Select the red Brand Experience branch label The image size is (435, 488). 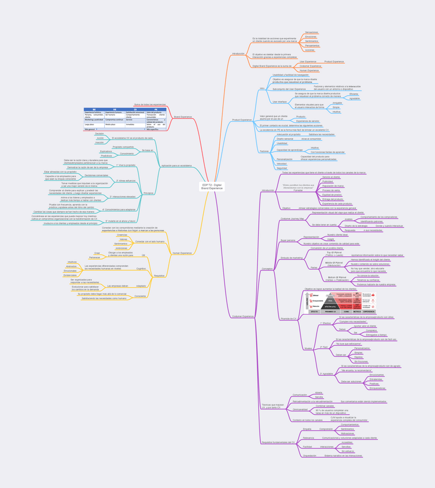(x=182, y=117)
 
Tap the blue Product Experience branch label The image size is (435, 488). (x=242, y=120)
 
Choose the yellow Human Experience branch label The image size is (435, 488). (x=182, y=253)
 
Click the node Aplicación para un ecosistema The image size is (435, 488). (x=177, y=165)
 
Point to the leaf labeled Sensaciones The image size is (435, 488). (x=311, y=32)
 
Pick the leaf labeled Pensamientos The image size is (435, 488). (x=312, y=45)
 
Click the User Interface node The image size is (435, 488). (x=280, y=102)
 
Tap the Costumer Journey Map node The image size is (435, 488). (x=292, y=219)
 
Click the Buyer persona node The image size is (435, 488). (x=287, y=240)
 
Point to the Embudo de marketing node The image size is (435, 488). (x=292, y=258)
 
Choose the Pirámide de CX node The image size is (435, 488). (x=288, y=318)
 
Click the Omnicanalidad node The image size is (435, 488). (x=300, y=409)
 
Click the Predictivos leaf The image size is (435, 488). (x=106, y=156)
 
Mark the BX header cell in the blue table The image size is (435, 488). (x=94, y=109)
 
